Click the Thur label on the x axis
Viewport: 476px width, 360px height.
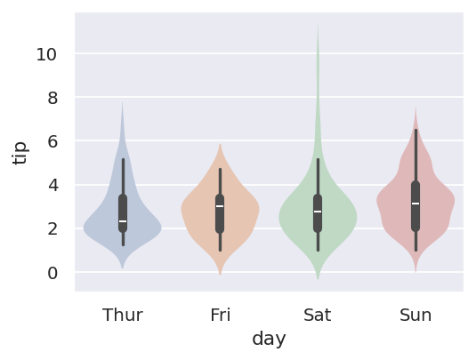[123, 316]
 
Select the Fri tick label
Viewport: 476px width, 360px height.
[221, 316]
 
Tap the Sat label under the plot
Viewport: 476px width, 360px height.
[318, 316]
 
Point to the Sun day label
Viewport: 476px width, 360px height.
[415, 316]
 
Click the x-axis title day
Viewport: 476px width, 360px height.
[269, 339]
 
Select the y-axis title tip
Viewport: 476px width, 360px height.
[20, 153]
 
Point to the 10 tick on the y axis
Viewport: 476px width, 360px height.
[46, 55]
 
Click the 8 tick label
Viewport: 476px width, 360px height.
[52, 99]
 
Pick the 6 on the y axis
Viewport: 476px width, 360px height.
[52, 142]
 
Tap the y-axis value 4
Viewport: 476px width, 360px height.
[52, 186]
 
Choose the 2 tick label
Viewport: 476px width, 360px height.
[52, 229]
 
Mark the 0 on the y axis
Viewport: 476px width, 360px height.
[52, 273]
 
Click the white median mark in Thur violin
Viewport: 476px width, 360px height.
[123, 221]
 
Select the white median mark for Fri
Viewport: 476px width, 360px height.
[220, 206]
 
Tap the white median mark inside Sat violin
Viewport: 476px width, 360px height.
[318, 212]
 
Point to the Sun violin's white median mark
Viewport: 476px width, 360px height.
[415, 204]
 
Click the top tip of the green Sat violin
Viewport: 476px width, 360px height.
[318, 24]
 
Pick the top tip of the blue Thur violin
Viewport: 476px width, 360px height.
[123, 101]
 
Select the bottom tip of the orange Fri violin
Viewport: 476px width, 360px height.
[220, 275]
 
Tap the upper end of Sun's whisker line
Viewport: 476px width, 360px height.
[415, 130]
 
